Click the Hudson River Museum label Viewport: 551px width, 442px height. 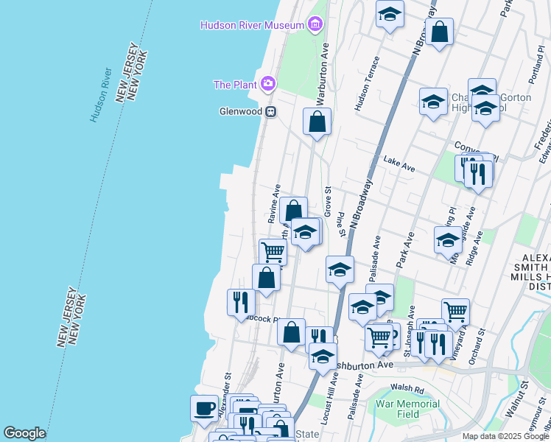pyautogui.click(x=253, y=26)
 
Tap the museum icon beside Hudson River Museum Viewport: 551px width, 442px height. pyautogui.click(x=315, y=25)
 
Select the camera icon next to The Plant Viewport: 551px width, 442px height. pyautogui.click(x=268, y=84)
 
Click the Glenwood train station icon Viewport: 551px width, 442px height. pyautogui.click(x=271, y=112)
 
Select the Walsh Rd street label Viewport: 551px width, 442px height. pyautogui.click(x=408, y=389)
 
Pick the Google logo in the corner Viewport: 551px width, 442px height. pyautogui.click(x=24, y=433)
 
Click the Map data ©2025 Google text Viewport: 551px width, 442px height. pyautogui.click(x=505, y=436)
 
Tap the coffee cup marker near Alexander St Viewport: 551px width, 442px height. pyautogui.click(x=204, y=407)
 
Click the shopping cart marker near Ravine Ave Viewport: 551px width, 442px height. pyautogui.click(x=273, y=252)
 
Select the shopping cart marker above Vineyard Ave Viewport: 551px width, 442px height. pyautogui.click(x=455, y=312)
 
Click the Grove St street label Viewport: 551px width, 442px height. pyautogui.click(x=327, y=200)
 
